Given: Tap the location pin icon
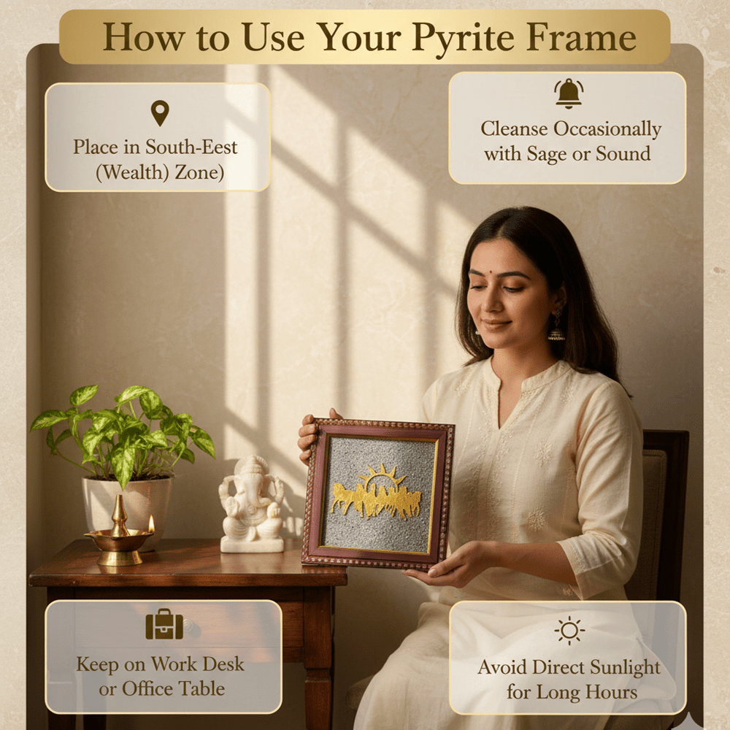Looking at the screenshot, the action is click(x=160, y=113).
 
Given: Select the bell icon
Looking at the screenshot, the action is click(x=569, y=93).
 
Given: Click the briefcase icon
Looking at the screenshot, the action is click(x=164, y=624).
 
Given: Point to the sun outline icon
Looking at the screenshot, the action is click(x=569, y=631).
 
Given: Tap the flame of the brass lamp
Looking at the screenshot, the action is click(x=151, y=523).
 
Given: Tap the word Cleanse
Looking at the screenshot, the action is click(x=514, y=129).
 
